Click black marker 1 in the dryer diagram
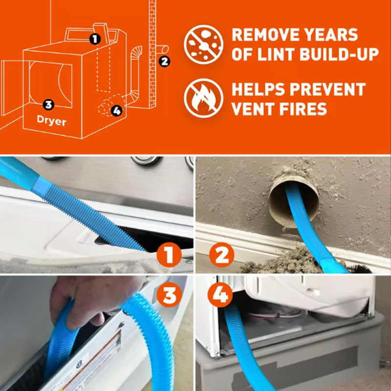pos(95,38)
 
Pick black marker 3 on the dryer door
pos(47,104)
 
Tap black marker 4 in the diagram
pos(116,110)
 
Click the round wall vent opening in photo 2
pos(294,198)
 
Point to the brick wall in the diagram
pos(151,49)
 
